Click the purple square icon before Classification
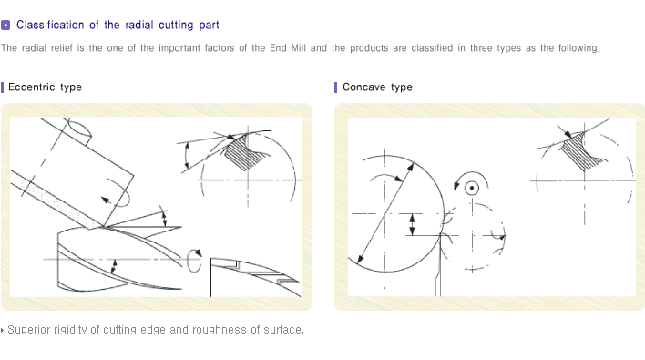coord(5,26)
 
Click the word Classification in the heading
coord(50,26)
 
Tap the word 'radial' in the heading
coord(138,26)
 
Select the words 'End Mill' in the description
coord(288,48)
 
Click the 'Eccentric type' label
coord(45,87)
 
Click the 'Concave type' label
coord(377,87)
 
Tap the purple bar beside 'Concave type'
coord(335,87)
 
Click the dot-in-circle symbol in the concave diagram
coord(472,189)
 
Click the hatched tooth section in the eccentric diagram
coord(242,153)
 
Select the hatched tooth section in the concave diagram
coord(580,151)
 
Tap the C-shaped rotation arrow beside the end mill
coord(194,260)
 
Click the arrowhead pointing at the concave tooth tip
coord(568,133)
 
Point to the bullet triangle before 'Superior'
coord(3,330)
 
